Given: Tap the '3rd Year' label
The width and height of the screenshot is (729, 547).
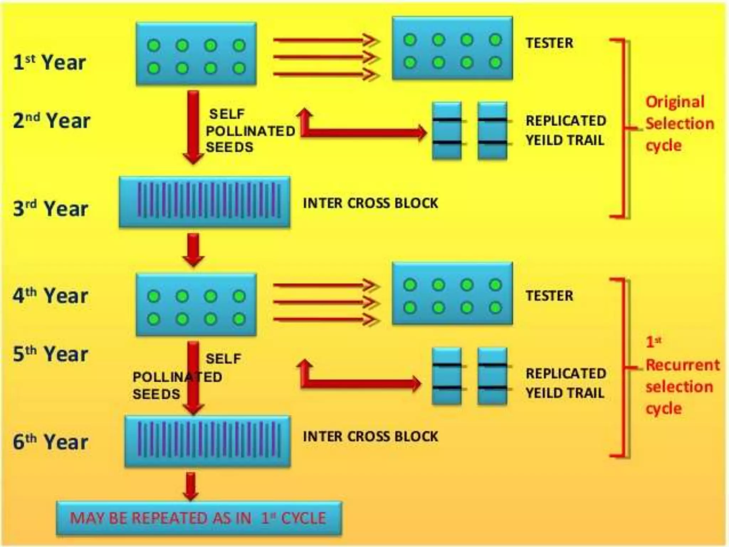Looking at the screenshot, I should pyautogui.click(x=50, y=209).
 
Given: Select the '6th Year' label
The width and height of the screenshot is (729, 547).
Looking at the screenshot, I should pyautogui.click(x=50, y=442).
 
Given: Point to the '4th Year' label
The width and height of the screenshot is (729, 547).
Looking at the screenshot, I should pyautogui.click(x=50, y=296).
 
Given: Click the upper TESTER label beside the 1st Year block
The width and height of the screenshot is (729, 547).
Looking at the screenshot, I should pyautogui.click(x=549, y=43).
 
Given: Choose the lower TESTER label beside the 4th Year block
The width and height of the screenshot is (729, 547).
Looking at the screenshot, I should pyautogui.click(x=549, y=296).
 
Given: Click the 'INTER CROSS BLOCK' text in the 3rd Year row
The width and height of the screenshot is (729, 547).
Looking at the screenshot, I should pyautogui.click(x=370, y=203).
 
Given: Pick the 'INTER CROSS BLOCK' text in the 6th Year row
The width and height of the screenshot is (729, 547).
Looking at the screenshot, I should pyautogui.click(x=370, y=436).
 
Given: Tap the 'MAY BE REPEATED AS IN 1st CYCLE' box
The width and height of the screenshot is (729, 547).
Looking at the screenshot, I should pyautogui.click(x=199, y=518).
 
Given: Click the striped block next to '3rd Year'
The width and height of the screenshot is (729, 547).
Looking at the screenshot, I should pyautogui.click(x=205, y=202).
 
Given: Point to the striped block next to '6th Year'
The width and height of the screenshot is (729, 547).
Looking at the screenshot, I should pyautogui.click(x=208, y=442).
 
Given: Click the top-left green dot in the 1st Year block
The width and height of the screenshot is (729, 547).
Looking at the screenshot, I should pyautogui.click(x=154, y=45).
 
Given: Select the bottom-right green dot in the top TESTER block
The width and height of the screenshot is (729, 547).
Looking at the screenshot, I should pyautogui.click(x=495, y=63).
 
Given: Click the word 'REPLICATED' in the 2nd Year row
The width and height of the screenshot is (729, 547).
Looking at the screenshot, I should pyautogui.click(x=566, y=121).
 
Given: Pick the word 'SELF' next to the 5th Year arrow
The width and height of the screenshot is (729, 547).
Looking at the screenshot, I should pyautogui.click(x=223, y=359).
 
